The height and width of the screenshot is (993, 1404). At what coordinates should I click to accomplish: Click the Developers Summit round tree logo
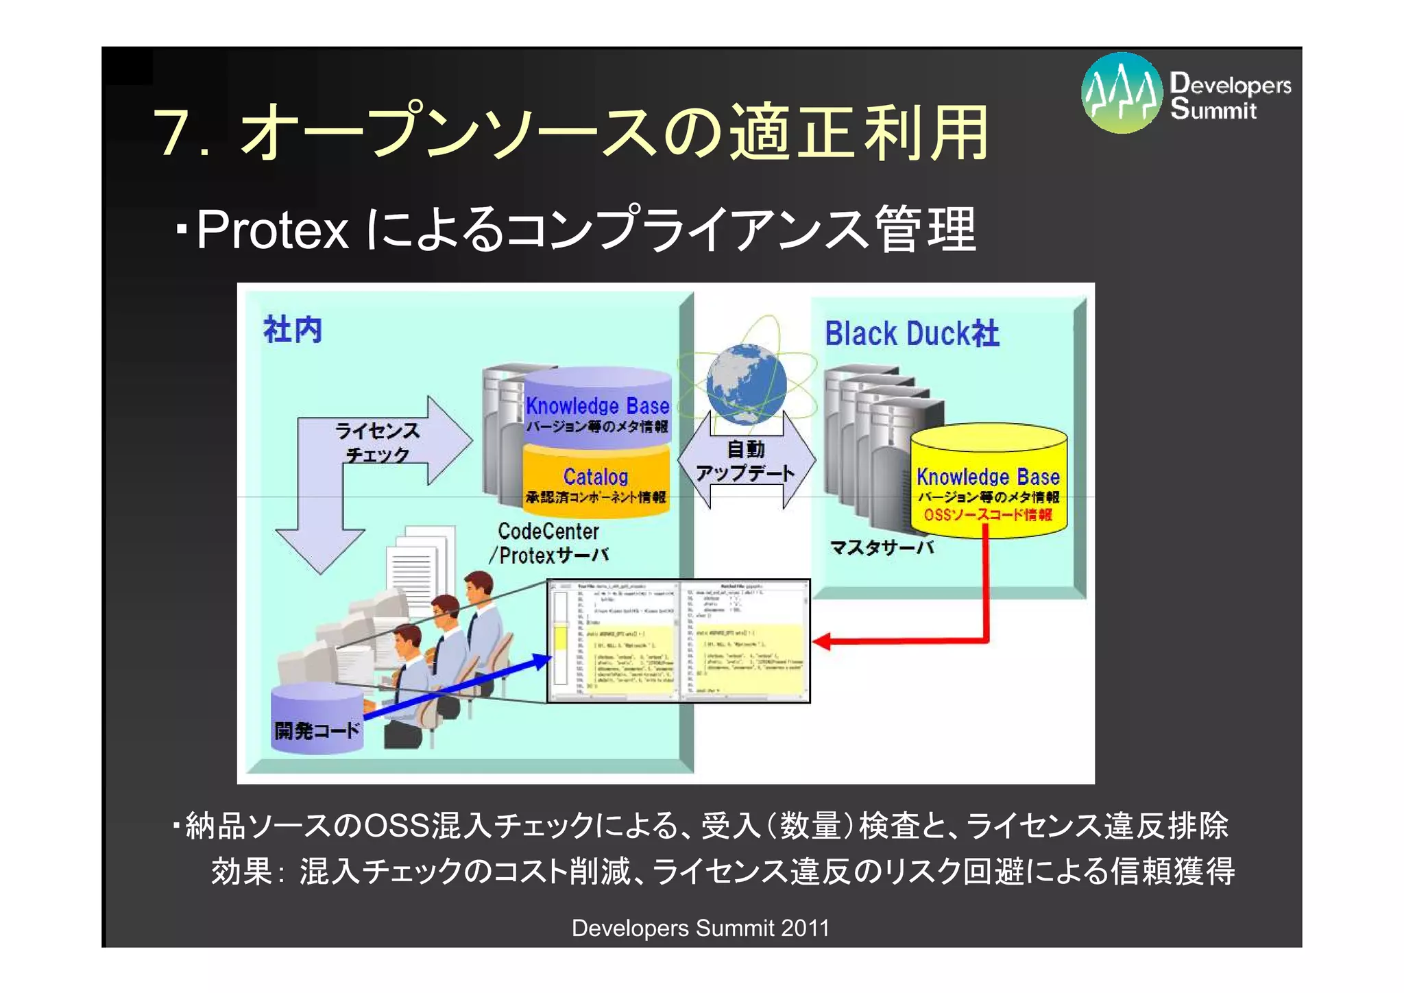point(1122,93)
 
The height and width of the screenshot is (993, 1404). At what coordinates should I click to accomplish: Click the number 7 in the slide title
point(173,132)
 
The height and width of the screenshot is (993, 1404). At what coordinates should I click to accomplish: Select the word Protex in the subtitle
point(273,230)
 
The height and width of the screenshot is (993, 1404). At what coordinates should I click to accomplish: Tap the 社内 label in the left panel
point(293,330)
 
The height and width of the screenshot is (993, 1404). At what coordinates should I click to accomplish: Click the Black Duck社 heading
point(911,334)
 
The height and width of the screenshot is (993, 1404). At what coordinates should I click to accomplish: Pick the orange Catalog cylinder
point(596,480)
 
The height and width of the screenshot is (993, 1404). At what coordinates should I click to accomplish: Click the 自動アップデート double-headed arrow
point(746,461)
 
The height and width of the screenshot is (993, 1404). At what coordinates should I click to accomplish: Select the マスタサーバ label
point(882,547)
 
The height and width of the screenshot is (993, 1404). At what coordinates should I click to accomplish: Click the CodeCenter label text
point(548,531)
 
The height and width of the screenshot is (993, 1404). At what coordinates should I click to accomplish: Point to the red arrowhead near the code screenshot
point(821,642)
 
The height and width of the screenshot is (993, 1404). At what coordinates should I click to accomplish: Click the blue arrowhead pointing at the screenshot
point(542,660)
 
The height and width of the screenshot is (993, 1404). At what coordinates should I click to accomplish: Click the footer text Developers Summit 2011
point(700,928)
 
